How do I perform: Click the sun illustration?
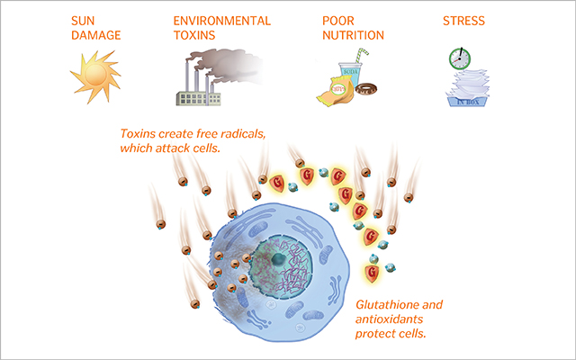[x=95, y=76]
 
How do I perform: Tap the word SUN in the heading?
[x=83, y=21]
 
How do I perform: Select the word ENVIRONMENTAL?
[x=222, y=21]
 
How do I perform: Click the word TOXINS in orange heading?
[x=194, y=35]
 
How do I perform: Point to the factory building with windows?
[x=198, y=98]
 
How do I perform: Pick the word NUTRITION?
[x=354, y=35]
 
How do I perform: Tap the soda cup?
[x=350, y=74]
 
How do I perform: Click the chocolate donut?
[x=366, y=88]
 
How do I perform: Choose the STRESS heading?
[x=464, y=21]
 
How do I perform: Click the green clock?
[x=460, y=58]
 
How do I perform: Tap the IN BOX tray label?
[x=468, y=102]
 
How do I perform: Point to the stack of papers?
[x=468, y=85]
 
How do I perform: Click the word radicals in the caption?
[x=241, y=133]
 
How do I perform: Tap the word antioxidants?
[x=389, y=319]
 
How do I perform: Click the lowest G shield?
[x=372, y=274]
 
